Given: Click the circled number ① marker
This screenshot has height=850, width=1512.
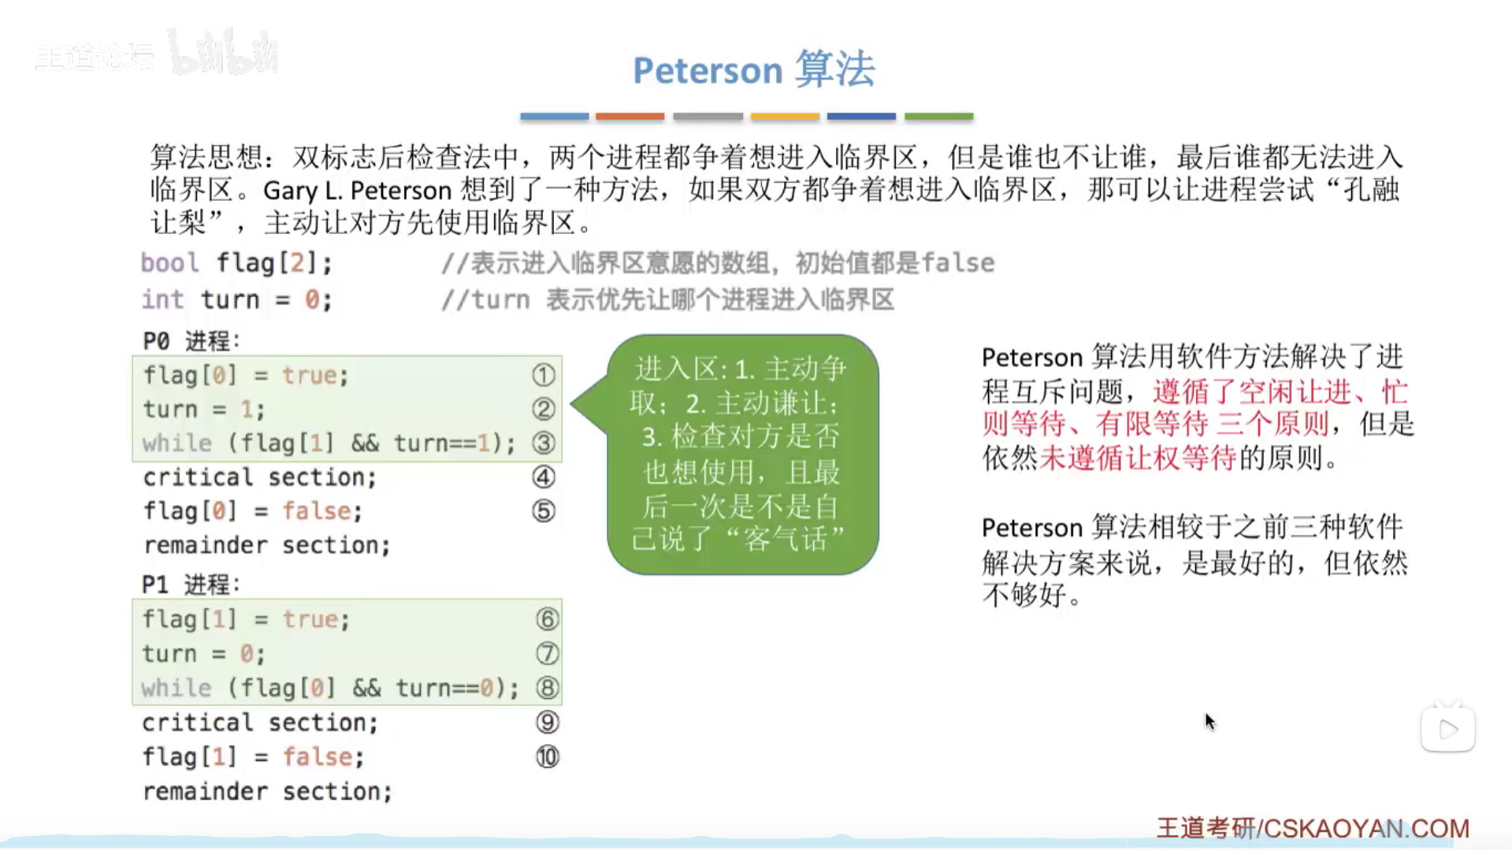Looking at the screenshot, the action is click(x=543, y=375).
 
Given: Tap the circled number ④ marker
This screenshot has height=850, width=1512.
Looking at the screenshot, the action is click(x=544, y=477).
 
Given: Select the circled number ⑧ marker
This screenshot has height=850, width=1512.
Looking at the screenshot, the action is click(x=548, y=688).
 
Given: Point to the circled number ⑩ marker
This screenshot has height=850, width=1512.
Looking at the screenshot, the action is click(x=548, y=757).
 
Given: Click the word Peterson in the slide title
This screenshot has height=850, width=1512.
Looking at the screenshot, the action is click(x=708, y=70).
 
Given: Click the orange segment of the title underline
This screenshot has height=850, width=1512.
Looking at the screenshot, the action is click(x=630, y=117).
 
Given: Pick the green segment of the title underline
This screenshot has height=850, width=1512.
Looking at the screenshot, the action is click(x=938, y=117).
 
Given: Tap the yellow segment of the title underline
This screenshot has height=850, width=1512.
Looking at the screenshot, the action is click(x=785, y=117).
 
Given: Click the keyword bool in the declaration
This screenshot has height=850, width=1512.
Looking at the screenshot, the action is click(x=169, y=262).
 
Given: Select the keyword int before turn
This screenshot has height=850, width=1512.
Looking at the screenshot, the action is click(x=162, y=299).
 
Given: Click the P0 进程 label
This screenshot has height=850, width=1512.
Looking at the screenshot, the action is click(x=191, y=341).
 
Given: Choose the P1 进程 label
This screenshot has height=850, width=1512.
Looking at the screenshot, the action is click(x=191, y=585).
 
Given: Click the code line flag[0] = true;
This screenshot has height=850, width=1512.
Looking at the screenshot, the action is click(x=246, y=376).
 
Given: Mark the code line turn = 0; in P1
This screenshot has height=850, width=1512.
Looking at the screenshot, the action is click(x=203, y=654).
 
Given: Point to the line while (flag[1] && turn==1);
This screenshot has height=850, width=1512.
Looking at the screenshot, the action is click(x=329, y=444).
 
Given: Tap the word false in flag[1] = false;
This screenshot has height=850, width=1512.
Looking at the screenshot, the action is click(x=317, y=757).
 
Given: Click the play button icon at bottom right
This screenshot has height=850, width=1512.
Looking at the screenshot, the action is click(x=1448, y=729).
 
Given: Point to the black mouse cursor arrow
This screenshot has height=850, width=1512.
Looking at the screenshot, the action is click(x=1210, y=722).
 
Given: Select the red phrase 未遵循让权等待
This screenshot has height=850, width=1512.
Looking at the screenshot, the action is click(x=1138, y=458).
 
